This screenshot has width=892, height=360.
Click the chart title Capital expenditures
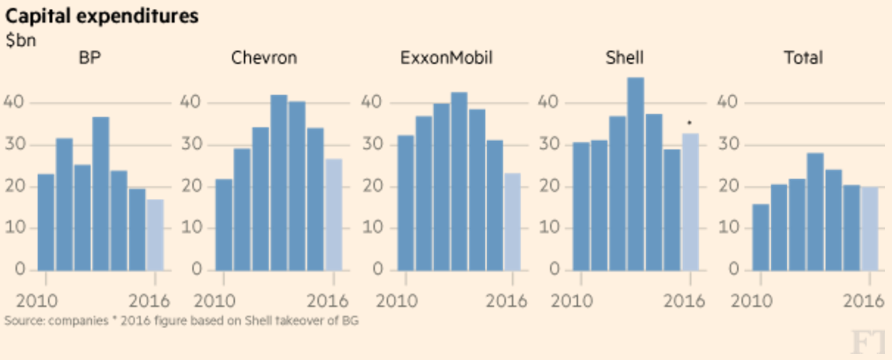coord(101,16)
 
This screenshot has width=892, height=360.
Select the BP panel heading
coord(89,58)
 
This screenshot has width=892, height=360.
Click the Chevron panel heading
coord(264,58)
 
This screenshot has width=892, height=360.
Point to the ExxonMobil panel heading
coord(446,58)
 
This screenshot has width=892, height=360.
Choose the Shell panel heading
coord(624,58)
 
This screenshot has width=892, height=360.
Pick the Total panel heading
coord(803,58)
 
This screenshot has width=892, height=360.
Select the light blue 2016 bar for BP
coord(155,235)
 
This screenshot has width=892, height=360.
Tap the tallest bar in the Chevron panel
coord(278,182)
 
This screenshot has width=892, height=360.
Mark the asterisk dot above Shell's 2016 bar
coord(689,123)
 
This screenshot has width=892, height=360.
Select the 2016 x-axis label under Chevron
coord(327,301)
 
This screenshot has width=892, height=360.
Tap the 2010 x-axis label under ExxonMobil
coord(397,301)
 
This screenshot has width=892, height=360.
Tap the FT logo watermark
coord(870,343)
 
